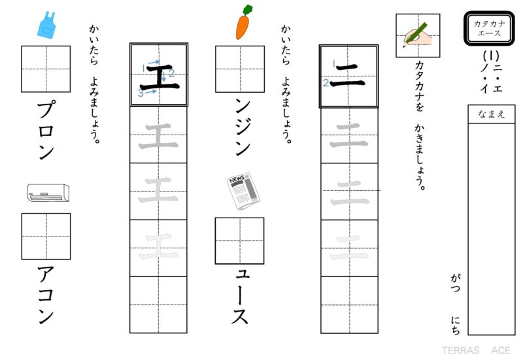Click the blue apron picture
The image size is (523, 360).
coord(47,25)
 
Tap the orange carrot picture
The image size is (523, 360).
coord(243,25)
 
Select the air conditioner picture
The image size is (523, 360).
coord(48,191)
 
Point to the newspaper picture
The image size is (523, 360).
coord(243,192)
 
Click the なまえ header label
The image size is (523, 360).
coord(492,114)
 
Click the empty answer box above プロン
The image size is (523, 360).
coord(46,69)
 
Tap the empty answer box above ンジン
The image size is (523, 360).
coord(240,69)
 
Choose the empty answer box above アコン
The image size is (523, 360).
coord(46,237)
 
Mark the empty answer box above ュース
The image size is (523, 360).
coord(240,240)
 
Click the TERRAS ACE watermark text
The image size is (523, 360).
coord(475,350)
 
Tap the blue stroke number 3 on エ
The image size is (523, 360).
coord(141,93)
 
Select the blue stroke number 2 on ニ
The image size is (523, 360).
coord(326,83)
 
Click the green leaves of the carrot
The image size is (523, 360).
coord(247,10)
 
